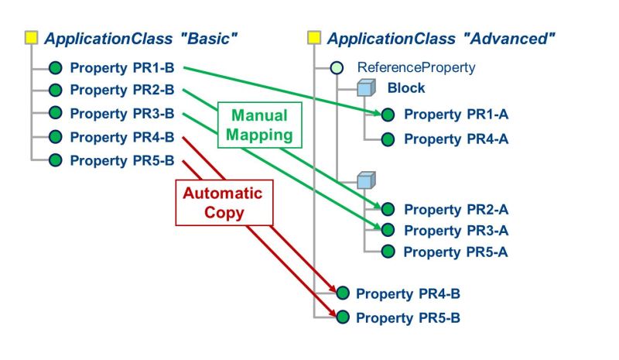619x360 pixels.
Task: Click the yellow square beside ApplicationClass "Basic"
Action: pos(31,37)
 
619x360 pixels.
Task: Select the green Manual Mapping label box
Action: pos(259,125)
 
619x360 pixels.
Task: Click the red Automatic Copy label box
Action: pos(223,202)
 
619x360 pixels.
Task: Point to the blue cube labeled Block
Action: pos(366,89)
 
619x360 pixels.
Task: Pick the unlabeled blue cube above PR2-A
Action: pos(366,181)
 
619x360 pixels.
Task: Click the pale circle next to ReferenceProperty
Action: pos(337,68)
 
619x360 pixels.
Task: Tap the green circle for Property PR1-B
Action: pos(55,67)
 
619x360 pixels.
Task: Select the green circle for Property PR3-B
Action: pos(55,113)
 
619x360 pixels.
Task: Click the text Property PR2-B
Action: pos(121,91)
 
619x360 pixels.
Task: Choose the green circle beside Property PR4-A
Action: pos(388,139)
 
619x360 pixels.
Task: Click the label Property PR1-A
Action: pos(456,115)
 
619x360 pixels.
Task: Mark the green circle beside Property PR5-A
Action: pos(388,252)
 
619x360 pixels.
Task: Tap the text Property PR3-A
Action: pos(456,231)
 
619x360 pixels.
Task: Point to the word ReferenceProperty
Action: pos(416,68)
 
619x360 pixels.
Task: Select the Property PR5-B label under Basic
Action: pos(121,161)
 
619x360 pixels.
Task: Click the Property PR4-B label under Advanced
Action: pos(408,293)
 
